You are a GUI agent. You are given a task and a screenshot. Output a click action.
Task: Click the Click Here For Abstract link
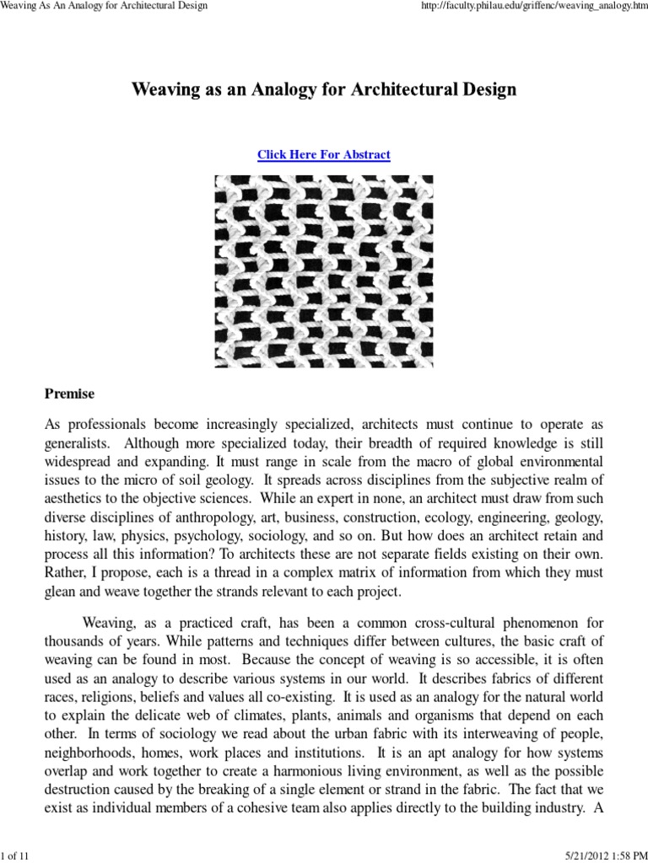[x=323, y=155]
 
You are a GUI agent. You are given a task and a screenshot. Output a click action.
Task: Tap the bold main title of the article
[x=323, y=89]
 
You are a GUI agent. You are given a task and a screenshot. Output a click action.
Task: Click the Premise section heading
[x=69, y=394]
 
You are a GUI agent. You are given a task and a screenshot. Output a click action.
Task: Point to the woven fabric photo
[x=323, y=271]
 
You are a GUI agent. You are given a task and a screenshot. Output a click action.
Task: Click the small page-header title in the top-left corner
[x=105, y=7]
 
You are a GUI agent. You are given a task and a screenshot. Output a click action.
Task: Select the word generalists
[x=76, y=444]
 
